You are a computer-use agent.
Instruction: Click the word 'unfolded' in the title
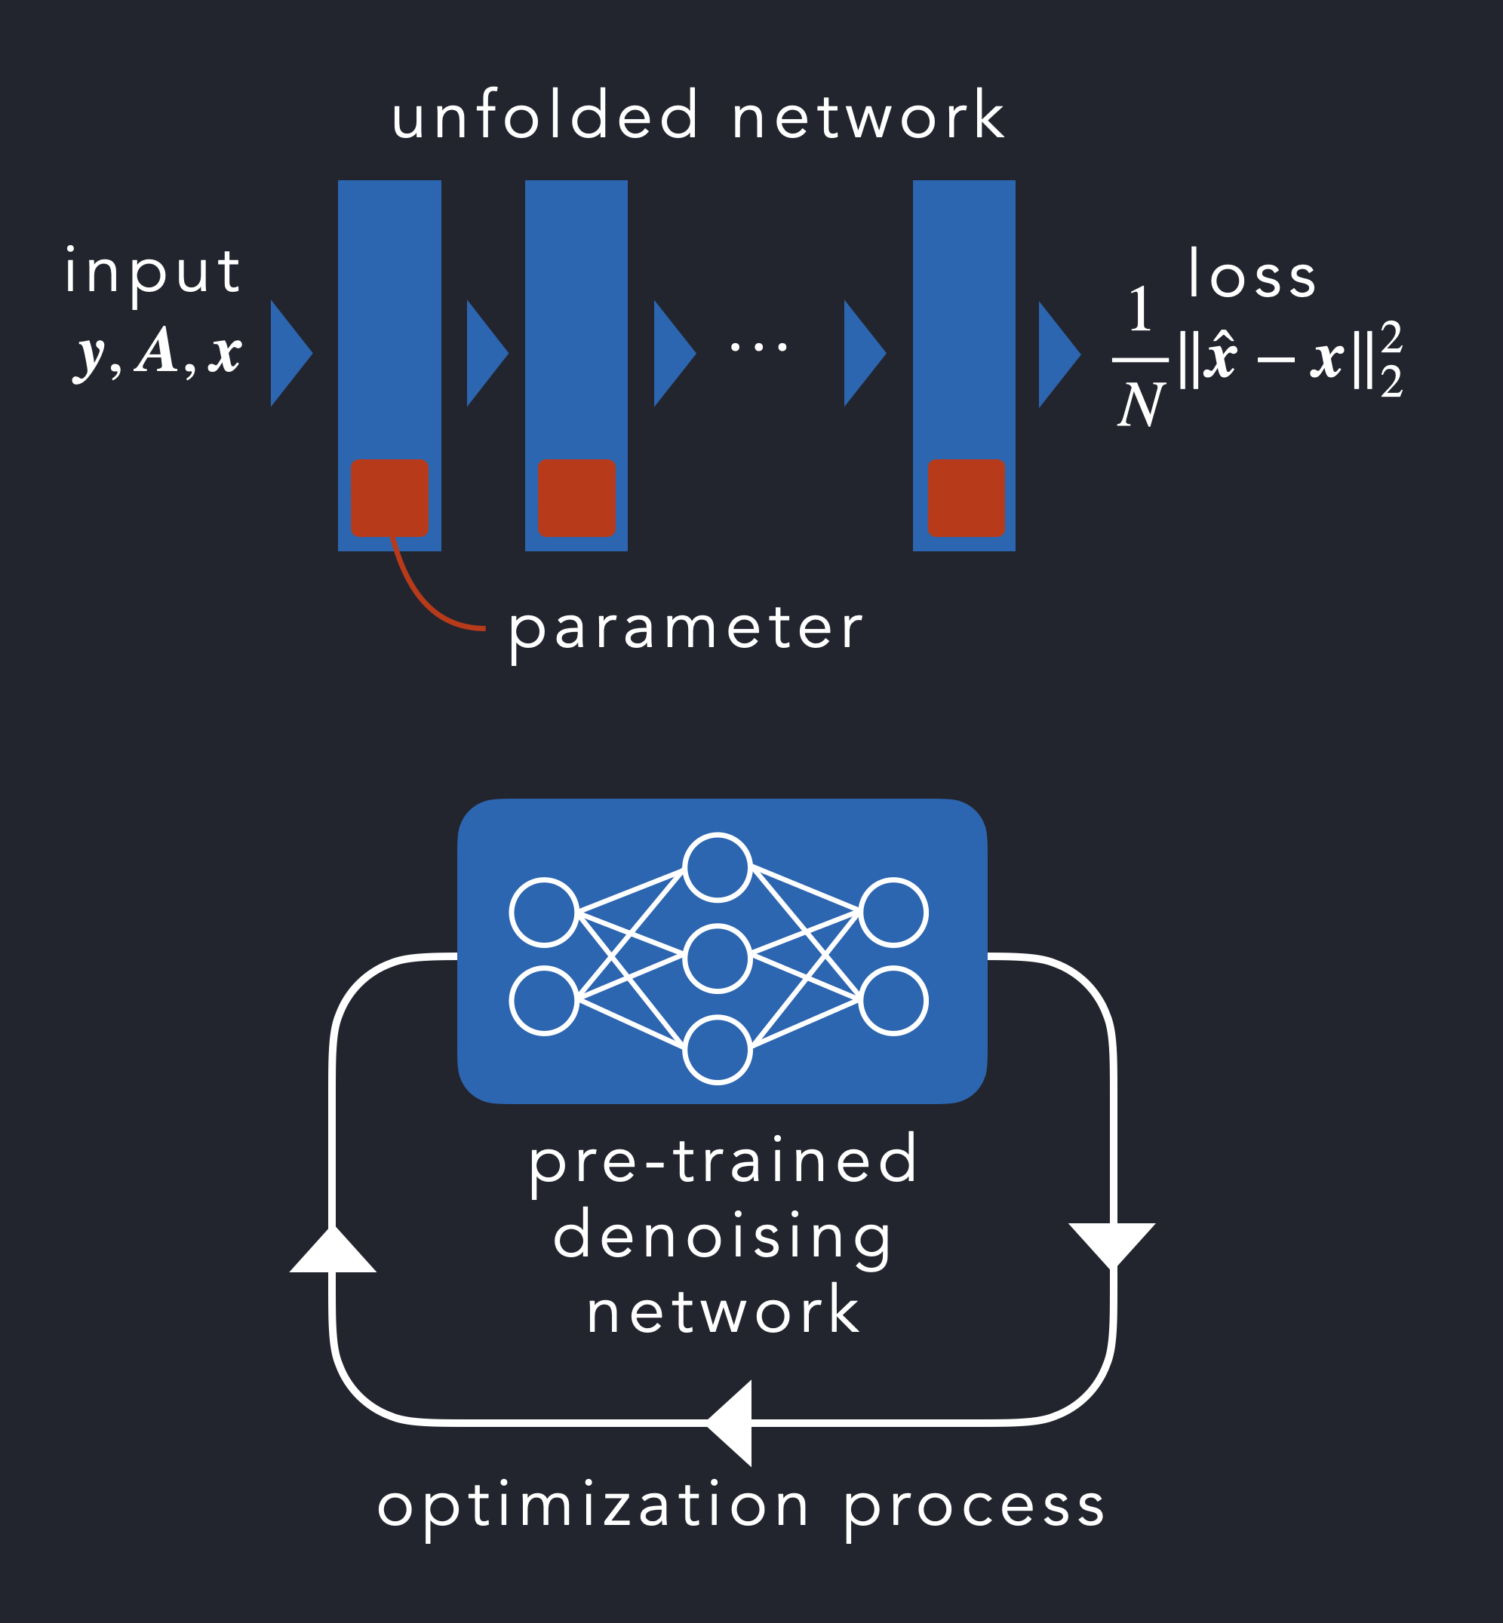[x=545, y=116]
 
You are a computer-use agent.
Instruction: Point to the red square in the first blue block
[x=389, y=498]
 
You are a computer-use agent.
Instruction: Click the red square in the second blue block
[x=576, y=498]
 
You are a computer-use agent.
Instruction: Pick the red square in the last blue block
[x=967, y=498]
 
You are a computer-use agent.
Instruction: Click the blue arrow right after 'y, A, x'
[x=289, y=353]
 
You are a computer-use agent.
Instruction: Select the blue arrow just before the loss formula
[x=1056, y=354]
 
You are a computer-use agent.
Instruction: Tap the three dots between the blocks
[x=758, y=347]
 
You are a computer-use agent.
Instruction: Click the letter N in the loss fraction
[x=1140, y=405]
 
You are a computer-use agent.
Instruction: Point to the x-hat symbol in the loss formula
[x=1220, y=357]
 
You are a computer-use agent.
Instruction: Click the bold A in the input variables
[x=157, y=351]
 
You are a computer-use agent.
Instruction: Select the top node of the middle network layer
[x=717, y=867]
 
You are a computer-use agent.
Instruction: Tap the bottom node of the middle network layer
[x=717, y=1050]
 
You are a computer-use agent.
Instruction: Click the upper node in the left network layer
[x=544, y=913]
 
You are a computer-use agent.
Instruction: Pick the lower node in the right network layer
[x=893, y=1001]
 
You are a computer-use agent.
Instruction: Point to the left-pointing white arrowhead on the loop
[x=730, y=1423]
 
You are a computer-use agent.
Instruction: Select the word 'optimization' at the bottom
[x=593, y=1506]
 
